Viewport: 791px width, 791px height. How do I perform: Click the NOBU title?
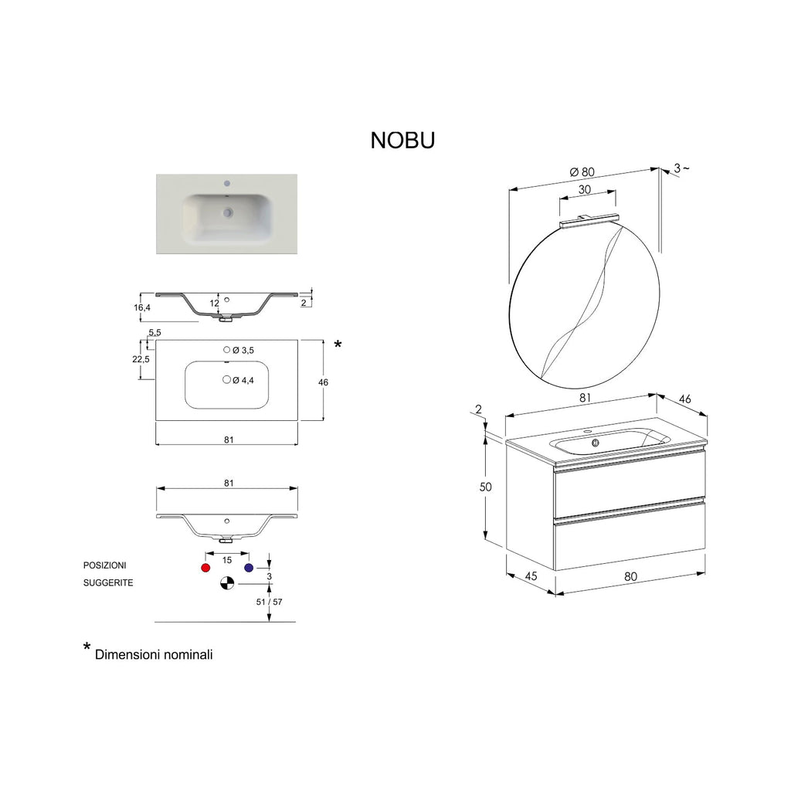coord(402,140)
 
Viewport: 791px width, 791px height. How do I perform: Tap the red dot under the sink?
coord(205,568)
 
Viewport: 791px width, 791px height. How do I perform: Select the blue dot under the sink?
coord(249,568)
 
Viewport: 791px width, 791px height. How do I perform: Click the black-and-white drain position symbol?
coord(226,584)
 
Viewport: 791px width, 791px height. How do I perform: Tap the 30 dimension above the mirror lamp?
coord(585,189)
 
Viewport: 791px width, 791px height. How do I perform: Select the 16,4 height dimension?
coord(142,307)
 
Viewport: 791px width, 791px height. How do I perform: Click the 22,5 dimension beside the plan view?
coord(141,359)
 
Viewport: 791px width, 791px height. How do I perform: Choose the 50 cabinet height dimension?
coord(485,487)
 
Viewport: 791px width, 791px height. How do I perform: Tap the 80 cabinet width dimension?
coord(630,575)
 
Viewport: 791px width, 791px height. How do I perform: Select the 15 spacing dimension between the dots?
coord(227,559)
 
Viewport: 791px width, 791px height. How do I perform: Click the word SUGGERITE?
coord(108,583)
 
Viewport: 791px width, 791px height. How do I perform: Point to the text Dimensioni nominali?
coord(154,654)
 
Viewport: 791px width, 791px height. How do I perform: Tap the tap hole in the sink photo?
coord(227,184)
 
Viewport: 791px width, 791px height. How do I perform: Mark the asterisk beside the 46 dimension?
coord(338,345)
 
